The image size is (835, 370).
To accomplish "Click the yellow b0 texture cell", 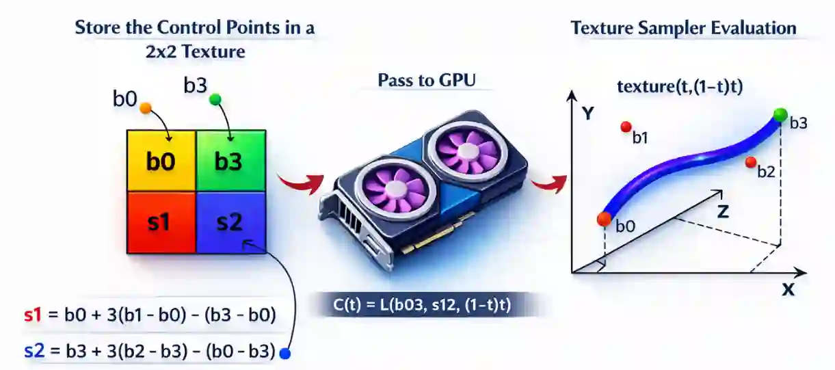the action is (162, 161).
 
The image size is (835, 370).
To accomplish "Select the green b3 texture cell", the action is (230, 161).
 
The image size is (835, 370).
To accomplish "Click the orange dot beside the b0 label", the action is (145, 108).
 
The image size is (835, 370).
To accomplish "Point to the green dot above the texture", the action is (216, 100).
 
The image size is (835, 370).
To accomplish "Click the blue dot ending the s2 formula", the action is (286, 354).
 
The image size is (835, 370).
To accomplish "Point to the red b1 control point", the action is (625, 127).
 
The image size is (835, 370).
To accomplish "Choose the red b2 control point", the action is (750, 161).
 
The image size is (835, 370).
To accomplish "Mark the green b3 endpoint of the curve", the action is (780, 114).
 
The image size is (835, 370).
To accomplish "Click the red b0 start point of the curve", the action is (604, 219).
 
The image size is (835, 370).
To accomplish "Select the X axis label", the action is (788, 290).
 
